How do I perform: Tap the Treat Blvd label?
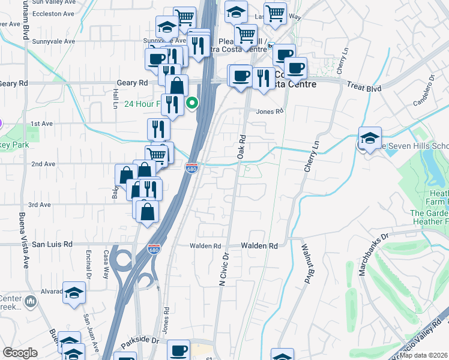pyautogui.click(x=364, y=88)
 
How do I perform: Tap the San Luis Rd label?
pyautogui.click(x=52, y=244)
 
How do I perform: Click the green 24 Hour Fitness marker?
pyautogui.click(x=192, y=104)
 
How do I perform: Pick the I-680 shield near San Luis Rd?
pyautogui.click(x=154, y=248)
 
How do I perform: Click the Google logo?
pyautogui.click(x=20, y=353)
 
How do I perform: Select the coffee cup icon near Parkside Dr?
pyautogui.click(x=178, y=350)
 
